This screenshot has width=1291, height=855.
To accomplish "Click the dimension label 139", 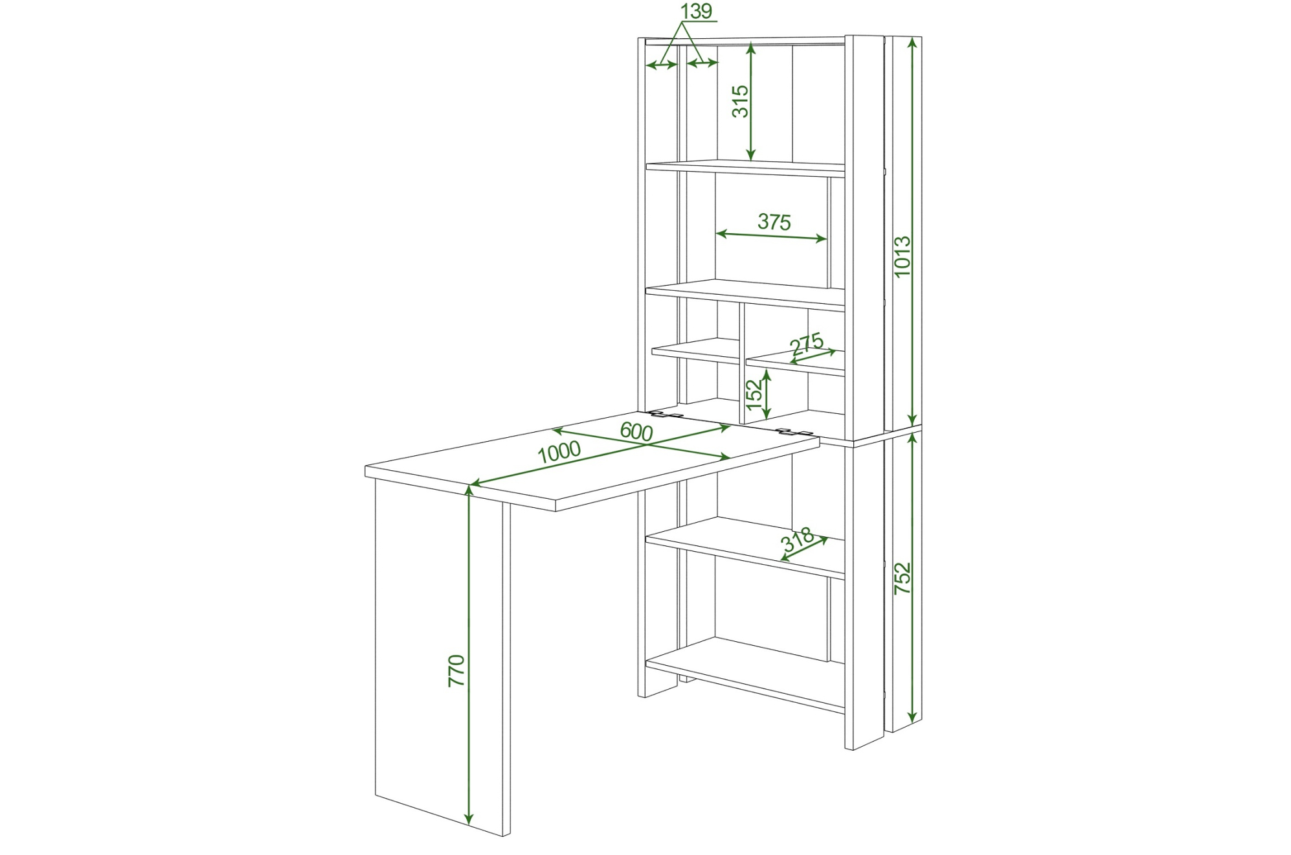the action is click(x=697, y=11).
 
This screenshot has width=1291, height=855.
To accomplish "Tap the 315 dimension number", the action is click(x=740, y=101).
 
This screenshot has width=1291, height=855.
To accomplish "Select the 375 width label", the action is click(x=774, y=222).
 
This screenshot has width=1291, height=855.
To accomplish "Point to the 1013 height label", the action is click(x=902, y=256).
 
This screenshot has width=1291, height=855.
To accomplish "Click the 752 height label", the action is click(x=902, y=578).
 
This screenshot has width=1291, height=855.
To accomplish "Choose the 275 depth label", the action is click(x=807, y=343).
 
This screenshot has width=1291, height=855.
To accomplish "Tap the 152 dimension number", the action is click(x=754, y=394).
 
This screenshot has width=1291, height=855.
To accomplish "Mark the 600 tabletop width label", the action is click(x=636, y=431).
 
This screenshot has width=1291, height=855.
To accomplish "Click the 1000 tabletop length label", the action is click(x=559, y=451).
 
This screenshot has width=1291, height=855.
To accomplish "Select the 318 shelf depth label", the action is click(x=798, y=540).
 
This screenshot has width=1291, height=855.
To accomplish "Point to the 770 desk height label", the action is click(x=456, y=670).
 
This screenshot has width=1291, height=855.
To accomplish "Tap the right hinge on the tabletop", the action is click(x=794, y=431).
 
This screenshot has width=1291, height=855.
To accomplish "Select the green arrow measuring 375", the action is click(x=771, y=236).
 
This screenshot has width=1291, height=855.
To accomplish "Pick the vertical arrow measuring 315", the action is click(x=750, y=101).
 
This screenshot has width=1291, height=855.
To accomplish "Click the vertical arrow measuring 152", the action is click(x=767, y=394).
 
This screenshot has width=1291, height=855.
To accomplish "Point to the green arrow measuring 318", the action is click(x=805, y=551).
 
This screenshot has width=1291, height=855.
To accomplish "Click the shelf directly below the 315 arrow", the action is click(x=745, y=168).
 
